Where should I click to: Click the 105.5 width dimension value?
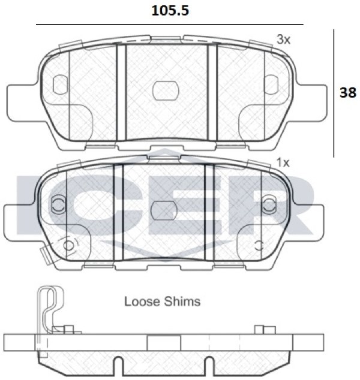coord(170,11)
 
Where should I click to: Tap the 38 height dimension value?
coord(348,92)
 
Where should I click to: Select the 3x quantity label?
coord(283,40)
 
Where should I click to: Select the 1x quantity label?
coord(283,162)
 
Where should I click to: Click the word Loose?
coord(142,301)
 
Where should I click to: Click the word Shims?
coord(182,301)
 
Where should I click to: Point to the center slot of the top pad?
coord(166,91)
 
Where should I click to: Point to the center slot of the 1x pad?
coord(164,210)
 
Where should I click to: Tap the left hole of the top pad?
coord(60,85)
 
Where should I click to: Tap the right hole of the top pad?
coord(271,85)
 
